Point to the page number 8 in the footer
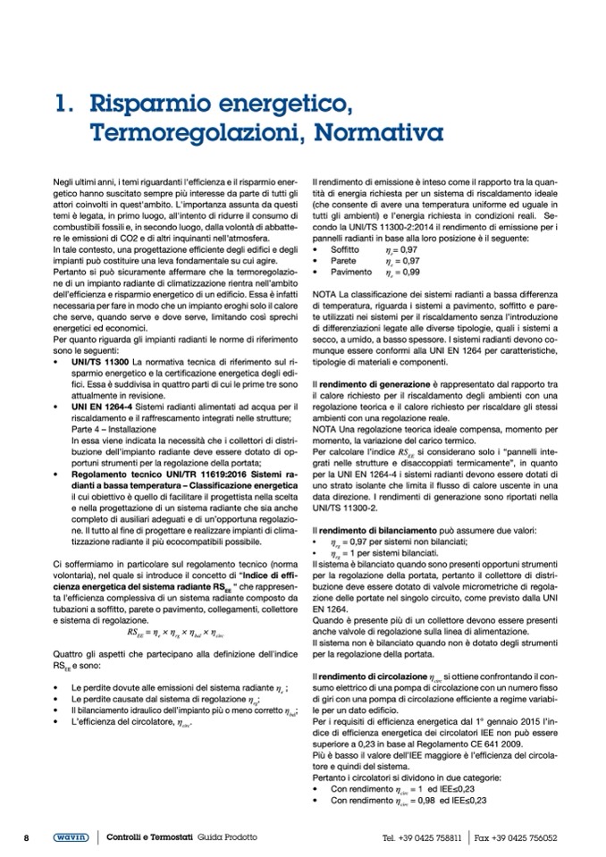[x=28, y=837]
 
